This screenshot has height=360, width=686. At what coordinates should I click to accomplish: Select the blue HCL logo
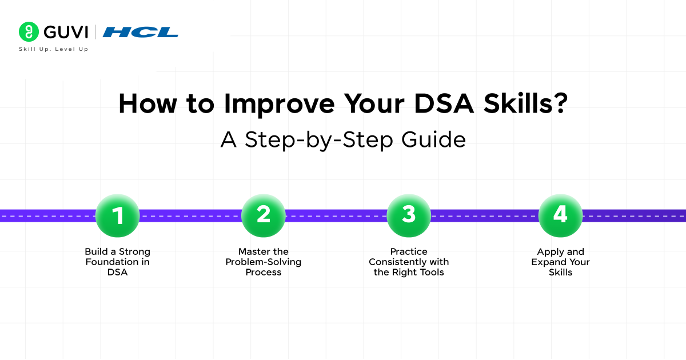[141, 32]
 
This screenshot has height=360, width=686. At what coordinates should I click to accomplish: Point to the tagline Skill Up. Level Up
[54, 50]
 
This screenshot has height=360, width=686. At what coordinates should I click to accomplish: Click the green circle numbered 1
[117, 215]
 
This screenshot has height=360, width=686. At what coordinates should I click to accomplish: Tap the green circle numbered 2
[263, 215]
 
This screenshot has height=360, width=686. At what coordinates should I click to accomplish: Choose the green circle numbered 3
[408, 215]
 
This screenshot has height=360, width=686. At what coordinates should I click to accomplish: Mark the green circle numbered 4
[560, 215]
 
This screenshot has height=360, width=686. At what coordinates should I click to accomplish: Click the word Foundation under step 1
[107, 262]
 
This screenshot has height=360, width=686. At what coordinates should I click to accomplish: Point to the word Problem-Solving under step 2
[264, 262]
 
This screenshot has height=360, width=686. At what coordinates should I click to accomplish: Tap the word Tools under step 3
[432, 273]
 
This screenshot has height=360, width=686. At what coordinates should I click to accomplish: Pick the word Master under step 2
[255, 252]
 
